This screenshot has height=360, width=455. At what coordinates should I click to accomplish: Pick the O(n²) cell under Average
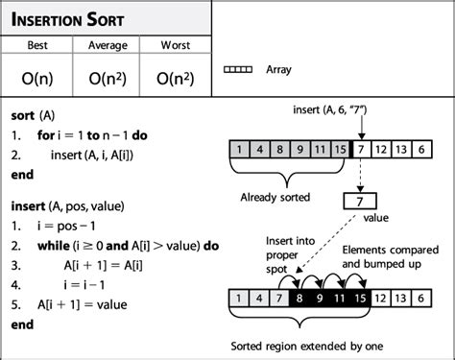[x=107, y=73]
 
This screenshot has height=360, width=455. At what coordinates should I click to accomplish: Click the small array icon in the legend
[x=238, y=70]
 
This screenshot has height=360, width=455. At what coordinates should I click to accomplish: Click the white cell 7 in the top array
[x=362, y=149]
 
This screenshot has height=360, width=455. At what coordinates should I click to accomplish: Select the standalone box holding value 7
[x=361, y=202]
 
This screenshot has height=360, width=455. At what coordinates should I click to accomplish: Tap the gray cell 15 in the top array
[x=339, y=149]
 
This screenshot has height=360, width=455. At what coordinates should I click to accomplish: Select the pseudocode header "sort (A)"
[x=31, y=108]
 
